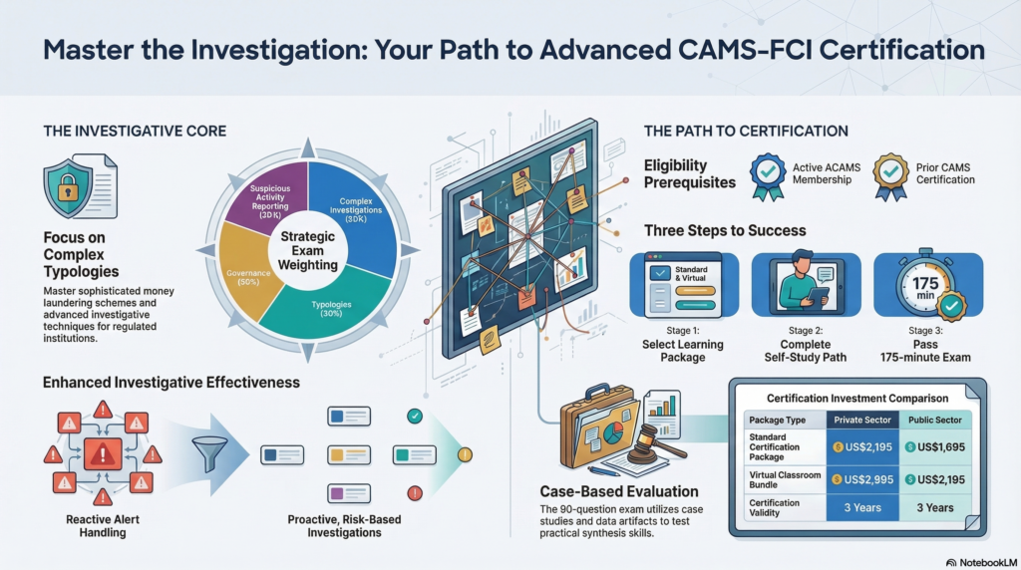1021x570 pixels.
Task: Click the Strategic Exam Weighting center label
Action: tap(308, 244)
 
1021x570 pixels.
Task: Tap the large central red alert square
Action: tap(100, 455)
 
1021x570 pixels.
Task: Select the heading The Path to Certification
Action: tap(746, 131)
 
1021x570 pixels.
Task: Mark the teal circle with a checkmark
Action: tap(415, 416)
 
